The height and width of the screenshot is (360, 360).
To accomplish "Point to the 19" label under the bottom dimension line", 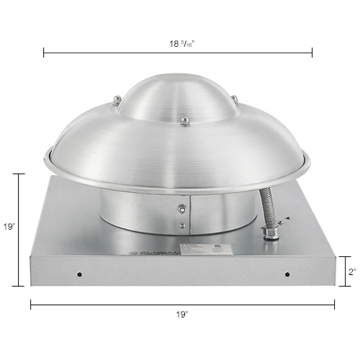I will [181, 315].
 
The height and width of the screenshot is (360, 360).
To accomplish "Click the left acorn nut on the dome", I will [116, 99].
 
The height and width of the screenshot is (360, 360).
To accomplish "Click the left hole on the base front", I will [79, 274].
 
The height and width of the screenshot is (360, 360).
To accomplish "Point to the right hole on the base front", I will [287, 274].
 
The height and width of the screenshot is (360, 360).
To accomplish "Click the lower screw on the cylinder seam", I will [184, 230].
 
